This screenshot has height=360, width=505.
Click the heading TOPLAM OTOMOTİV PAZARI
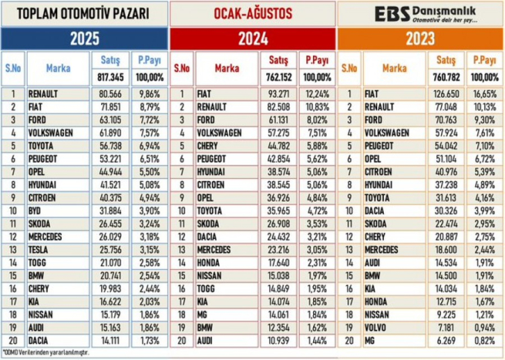pyautogui.click(x=83, y=13)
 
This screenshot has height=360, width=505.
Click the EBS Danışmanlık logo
pyautogui.click(x=420, y=13)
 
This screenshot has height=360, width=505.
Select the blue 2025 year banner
pyautogui.click(x=83, y=38)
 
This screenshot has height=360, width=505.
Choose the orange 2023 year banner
pyautogui.click(x=420, y=38)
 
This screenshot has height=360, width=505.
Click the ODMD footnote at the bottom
pyautogui.click(x=46, y=351)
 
